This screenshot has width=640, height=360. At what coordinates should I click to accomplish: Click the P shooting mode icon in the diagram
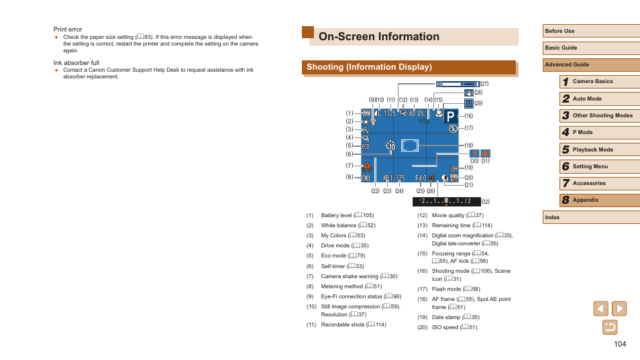tap(450, 115)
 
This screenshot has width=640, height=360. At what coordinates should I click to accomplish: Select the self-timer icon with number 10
tap(391, 145)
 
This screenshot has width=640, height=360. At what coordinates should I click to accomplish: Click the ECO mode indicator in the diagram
tap(366, 146)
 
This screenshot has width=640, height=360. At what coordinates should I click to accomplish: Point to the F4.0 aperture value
tap(421, 178)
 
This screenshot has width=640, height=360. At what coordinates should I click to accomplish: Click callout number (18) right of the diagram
tap(469, 145)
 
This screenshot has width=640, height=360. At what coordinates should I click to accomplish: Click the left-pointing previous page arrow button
tap(601, 308)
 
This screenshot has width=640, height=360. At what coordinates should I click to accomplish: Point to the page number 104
tap(619, 344)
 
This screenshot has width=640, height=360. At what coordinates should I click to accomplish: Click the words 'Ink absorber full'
tap(76, 63)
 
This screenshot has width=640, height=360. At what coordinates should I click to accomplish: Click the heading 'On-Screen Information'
tap(379, 37)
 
